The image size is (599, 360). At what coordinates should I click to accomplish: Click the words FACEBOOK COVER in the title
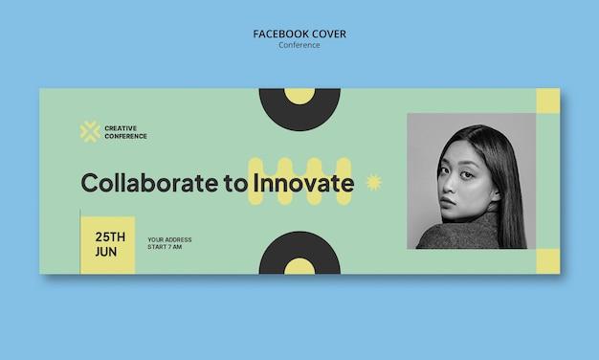click(x=299, y=34)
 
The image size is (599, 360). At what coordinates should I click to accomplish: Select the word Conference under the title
click(x=299, y=45)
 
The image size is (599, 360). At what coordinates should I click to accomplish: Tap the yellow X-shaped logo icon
click(x=90, y=132)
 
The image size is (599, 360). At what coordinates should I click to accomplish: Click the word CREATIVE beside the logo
click(x=121, y=128)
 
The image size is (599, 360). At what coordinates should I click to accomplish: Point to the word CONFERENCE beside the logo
click(x=125, y=136)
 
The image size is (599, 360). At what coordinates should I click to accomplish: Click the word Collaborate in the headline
click(x=149, y=183)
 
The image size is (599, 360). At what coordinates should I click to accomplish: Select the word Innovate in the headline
click(x=303, y=183)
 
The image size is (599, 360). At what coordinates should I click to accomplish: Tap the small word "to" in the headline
click(x=235, y=184)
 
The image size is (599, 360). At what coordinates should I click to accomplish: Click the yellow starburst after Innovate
click(x=374, y=182)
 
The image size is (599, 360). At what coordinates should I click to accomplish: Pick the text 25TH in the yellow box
click(x=110, y=236)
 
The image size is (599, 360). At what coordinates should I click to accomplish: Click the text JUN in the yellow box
click(x=106, y=252)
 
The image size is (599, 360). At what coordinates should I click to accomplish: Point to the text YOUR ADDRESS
click(x=169, y=239)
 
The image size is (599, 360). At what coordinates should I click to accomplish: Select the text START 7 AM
click(x=165, y=247)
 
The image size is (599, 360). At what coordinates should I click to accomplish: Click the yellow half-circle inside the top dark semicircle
click(x=299, y=95)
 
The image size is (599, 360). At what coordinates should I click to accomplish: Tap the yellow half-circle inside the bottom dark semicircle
click(x=299, y=267)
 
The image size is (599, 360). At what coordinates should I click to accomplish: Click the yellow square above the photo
click(x=548, y=101)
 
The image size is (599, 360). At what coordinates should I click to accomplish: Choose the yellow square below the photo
click(x=548, y=261)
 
